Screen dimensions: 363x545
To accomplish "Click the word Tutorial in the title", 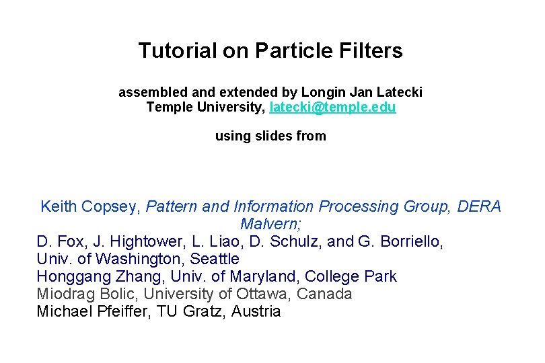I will coord(168,50).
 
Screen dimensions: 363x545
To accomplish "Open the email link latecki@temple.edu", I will coord(332,108).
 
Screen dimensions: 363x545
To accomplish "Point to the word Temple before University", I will coord(169,108).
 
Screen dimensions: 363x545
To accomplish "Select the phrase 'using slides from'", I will coord(270,136).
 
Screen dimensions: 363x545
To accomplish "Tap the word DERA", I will coord(479,206).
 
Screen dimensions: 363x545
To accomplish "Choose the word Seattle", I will coord(215,259).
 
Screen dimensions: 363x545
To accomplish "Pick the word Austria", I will coord(256,312).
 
